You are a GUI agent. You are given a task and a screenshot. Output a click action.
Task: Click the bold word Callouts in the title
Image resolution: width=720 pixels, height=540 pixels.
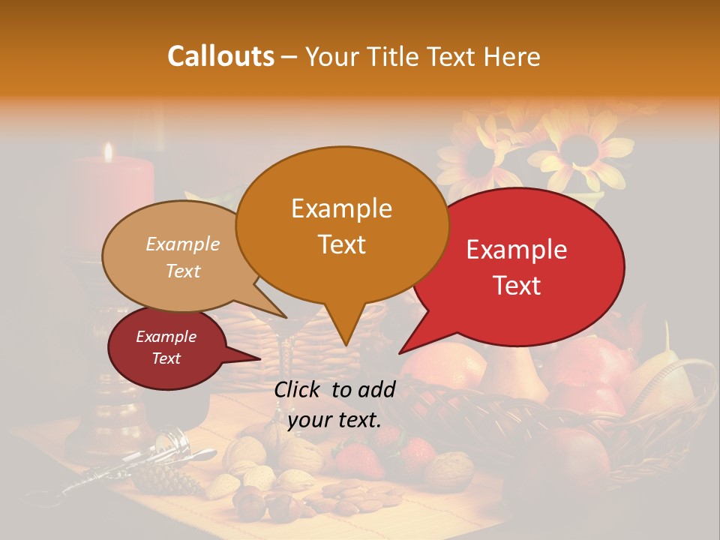click(220, 56)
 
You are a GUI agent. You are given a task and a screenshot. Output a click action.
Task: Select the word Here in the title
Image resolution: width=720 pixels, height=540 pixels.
click(510, 56)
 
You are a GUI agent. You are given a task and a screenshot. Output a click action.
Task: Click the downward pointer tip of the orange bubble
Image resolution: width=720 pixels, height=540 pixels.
click(346, 344)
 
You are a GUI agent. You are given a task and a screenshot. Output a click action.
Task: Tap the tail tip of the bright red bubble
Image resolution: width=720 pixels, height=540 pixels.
click(400, 352)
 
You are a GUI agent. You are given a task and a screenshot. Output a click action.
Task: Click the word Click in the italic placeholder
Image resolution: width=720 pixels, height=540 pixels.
click(298, 389)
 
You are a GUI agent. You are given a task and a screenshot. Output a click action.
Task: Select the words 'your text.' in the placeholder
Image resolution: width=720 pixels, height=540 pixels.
click(334, 420)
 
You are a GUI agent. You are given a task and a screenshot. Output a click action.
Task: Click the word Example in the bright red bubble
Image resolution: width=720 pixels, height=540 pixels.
click(517, 250)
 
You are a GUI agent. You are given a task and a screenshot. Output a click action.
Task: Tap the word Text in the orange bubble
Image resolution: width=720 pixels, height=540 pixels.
click(342, 244)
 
